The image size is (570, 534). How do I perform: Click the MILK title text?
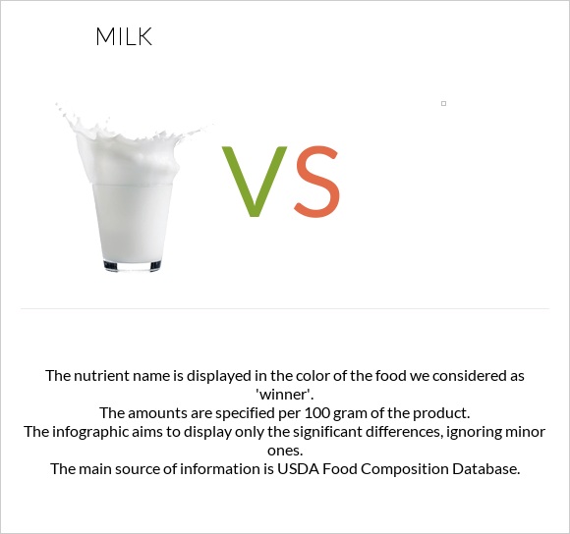pyautogui.click(x=124, y=38)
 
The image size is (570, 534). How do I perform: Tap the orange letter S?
pyautogui.click(x=316, y=182)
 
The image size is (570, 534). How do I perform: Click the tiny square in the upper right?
pyautogui.click(x=443, y=103)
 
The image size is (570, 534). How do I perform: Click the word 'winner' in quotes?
pyautogui.click(x=285, y=394)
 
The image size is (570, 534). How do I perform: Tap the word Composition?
pyautogui.click(x=387, y=469)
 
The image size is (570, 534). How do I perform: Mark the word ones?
pyautogui.click(x=285, y=450)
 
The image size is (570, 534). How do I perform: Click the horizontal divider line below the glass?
pyautogui.click(x=285, y=308)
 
